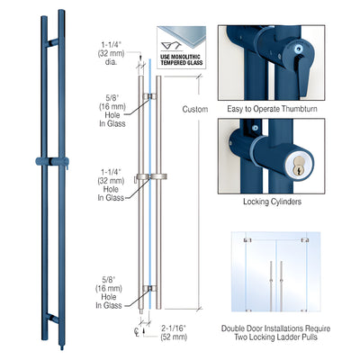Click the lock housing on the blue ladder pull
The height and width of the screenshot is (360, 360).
point(49,162)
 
